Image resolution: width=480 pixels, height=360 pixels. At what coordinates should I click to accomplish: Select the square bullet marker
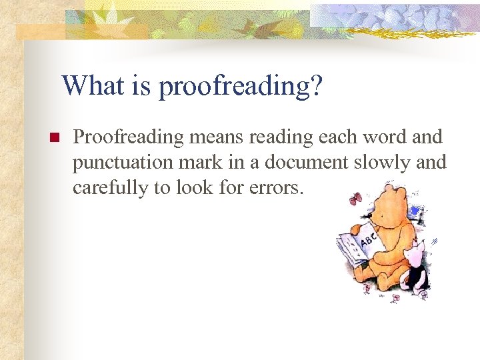(53, 138)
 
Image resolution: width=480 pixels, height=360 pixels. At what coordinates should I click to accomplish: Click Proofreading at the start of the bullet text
(128, 138)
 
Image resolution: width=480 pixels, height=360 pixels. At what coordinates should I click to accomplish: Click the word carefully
(111, 188)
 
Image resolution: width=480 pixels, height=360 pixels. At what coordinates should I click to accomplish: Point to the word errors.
(277, 188)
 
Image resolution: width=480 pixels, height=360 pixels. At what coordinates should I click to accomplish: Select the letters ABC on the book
(367, 242)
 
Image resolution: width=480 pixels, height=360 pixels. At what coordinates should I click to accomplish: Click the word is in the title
(138, 86)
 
